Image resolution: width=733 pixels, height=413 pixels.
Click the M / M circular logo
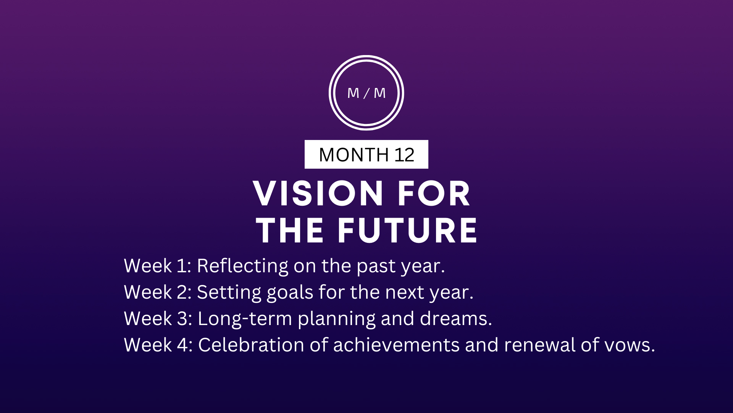pyautogui.click(x=366, y=56)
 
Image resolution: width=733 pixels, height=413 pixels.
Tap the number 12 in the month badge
pyautogui.click(x=404, y=155)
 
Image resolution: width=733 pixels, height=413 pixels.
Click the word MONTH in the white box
pyautogui.click(x=354, y=155)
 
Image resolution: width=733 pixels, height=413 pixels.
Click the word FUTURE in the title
pyautogui.click(x=407, y=230)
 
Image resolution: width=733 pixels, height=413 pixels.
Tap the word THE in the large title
pyautogui.click(x=290, y=230)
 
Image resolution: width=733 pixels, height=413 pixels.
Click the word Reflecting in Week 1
pyautogui.click(x=243, y=266)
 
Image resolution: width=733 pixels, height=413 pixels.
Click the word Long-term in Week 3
pyautogui.click(x=245, y=319)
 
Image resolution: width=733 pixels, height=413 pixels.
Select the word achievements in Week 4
pyautogui.click(x=396, y=345)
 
